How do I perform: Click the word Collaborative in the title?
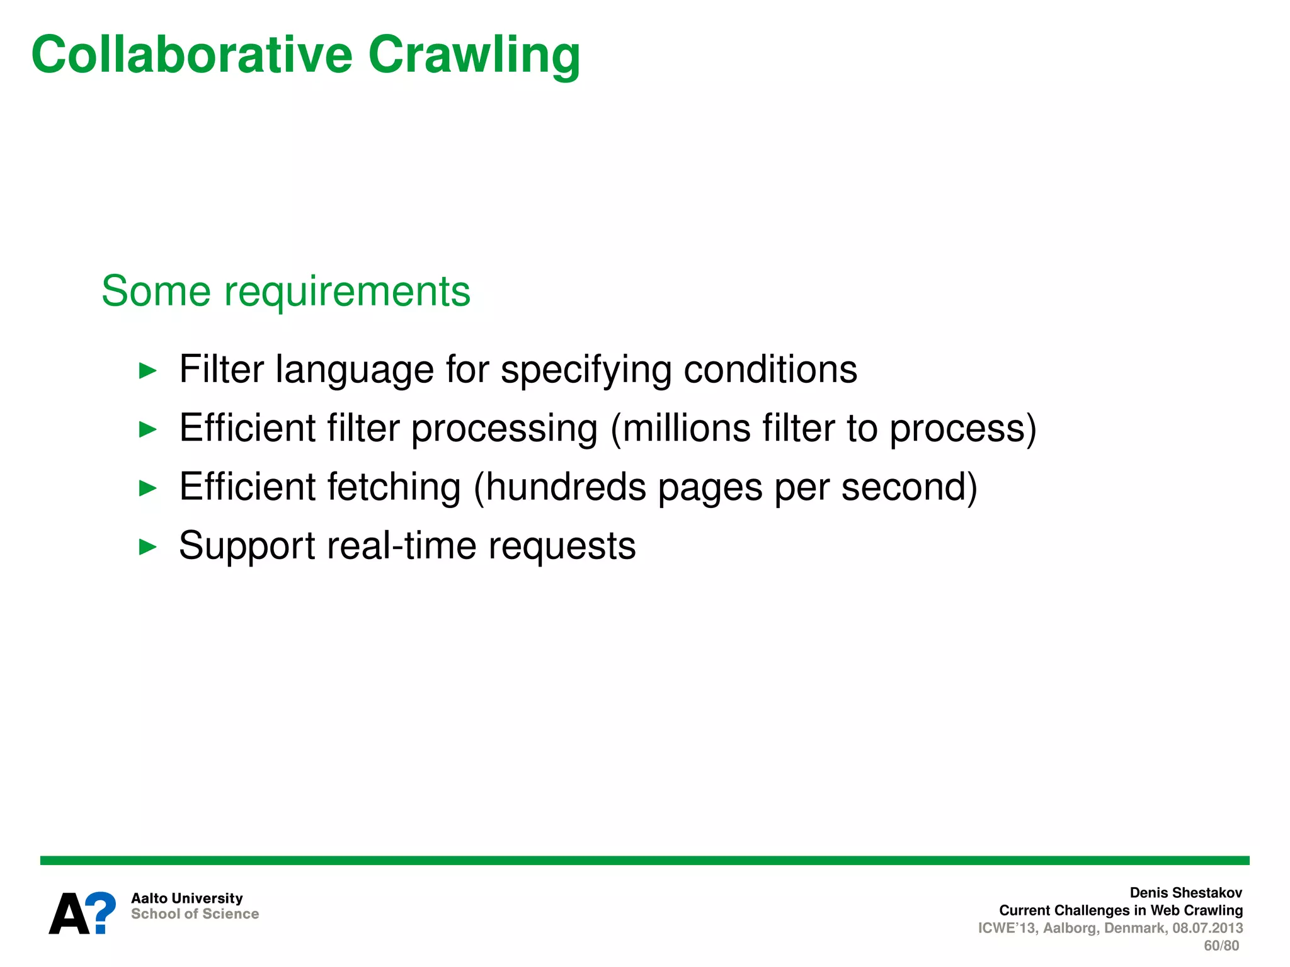pyautogui.click(x=192, y=55)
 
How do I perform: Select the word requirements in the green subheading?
pyautogui.click(x=347, y=292)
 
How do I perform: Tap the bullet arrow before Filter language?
pyautogui.click(x=147, y=371)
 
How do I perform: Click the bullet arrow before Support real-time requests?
pyautogui.click(x=147, y=546)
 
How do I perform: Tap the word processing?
pyautogui.click(x=504, y=429)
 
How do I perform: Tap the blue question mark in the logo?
pyautogui.click(x=101, y=912)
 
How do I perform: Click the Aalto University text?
pyautogui.click(x=186, y=898)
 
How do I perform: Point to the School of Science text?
pyautogui.click(x=195, y=914)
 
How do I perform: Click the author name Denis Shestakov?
pyautogui.click(x=1185, y=893)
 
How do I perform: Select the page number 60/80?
pyautogui.click(x=1221, y=946)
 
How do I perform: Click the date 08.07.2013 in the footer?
pyautogui.click(x=1207, y=928)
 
